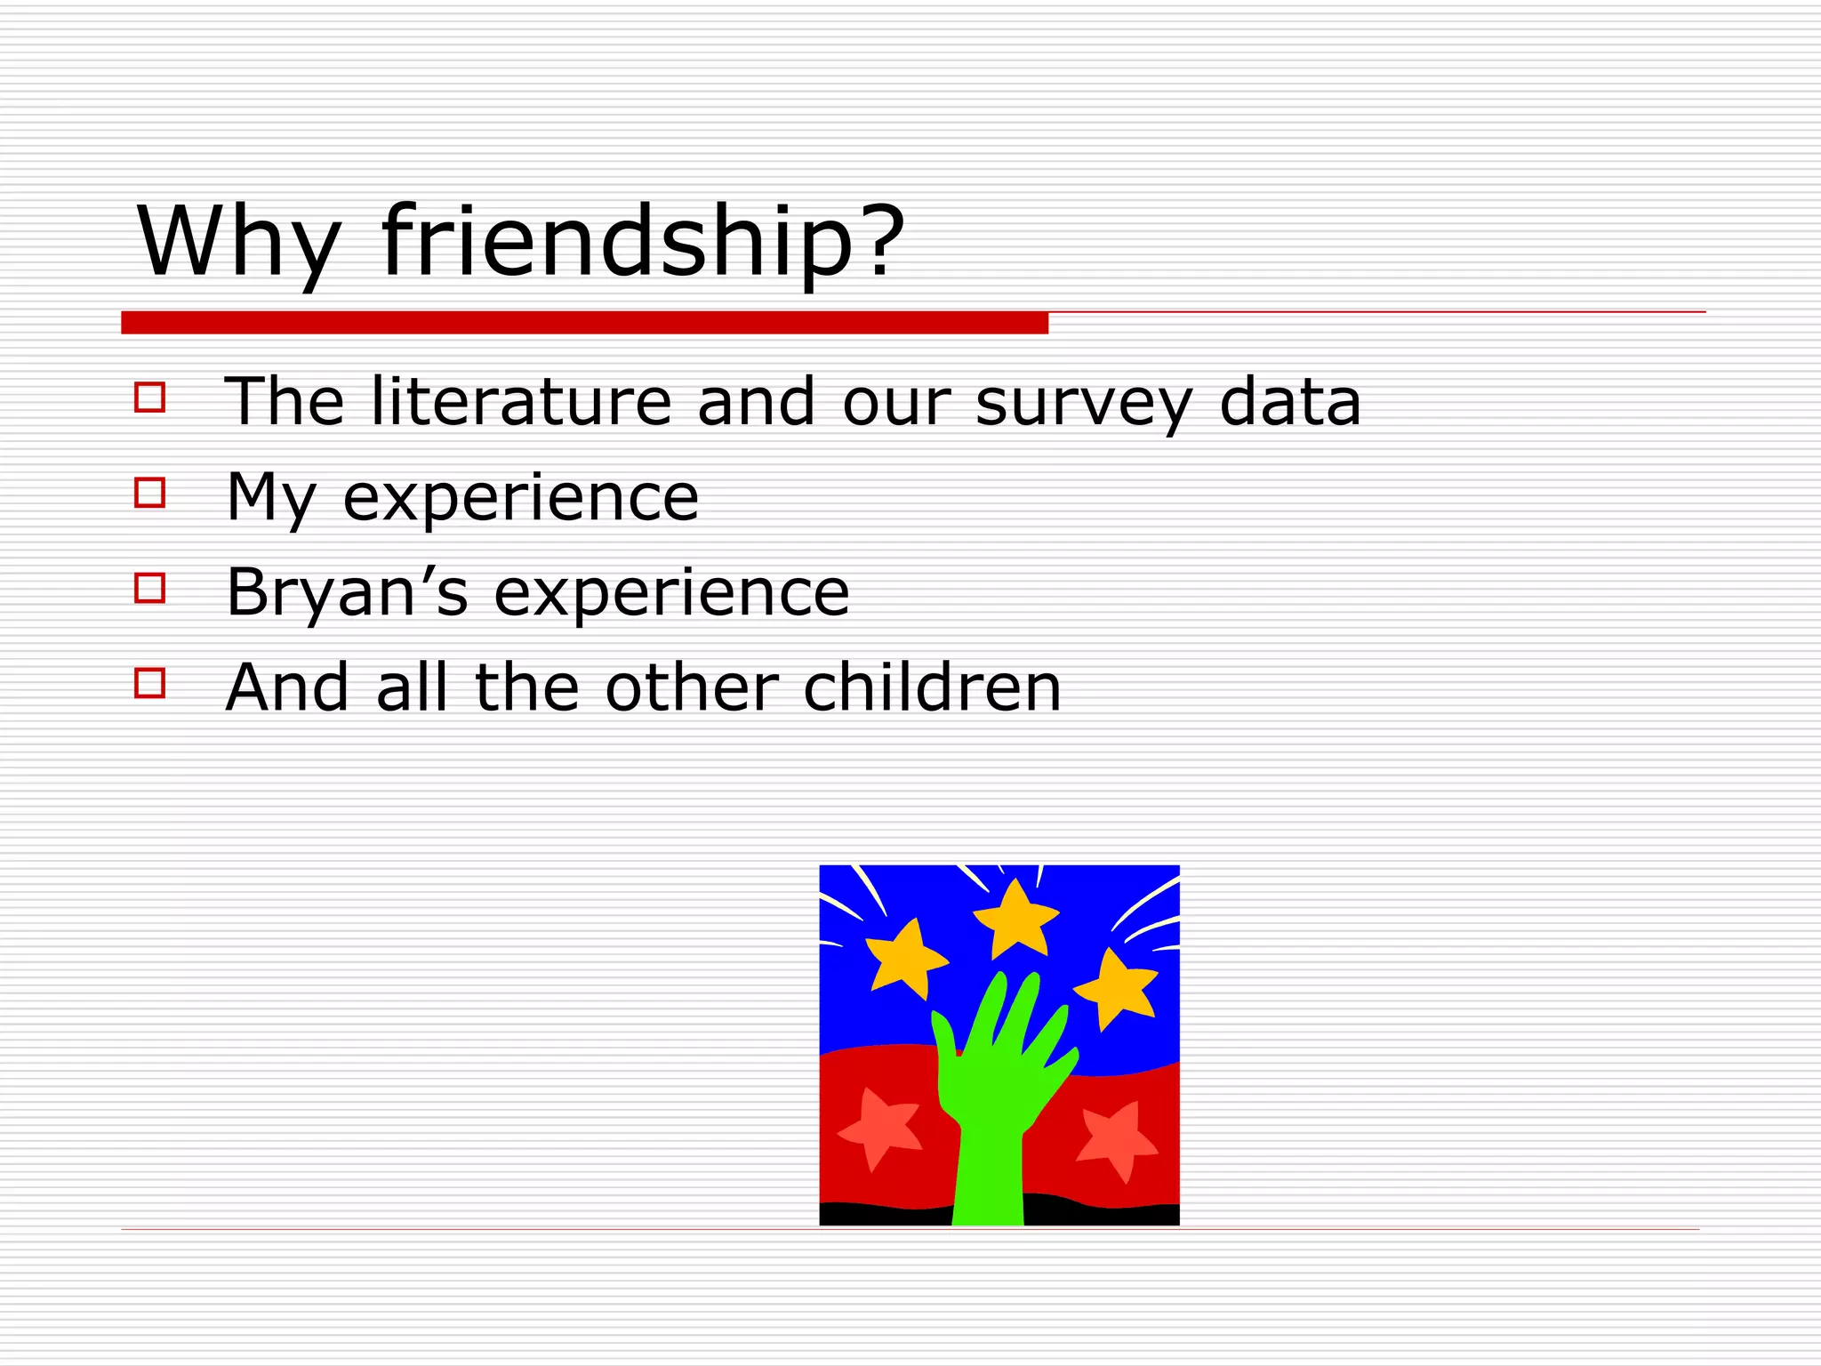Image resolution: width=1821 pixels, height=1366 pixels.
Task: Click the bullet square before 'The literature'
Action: point(149,397)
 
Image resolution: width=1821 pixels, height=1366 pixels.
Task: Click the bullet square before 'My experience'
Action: point(149,492)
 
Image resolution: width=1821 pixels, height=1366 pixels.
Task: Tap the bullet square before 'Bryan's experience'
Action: point(149,588)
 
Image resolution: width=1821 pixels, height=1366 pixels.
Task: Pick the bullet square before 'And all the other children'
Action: point(149,683)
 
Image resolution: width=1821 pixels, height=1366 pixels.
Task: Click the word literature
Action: point(521,401)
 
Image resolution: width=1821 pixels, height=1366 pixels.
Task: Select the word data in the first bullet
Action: point(1290,401)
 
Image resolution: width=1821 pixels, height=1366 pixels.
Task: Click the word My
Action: point(271,498)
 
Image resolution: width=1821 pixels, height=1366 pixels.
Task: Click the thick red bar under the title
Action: point(584,323)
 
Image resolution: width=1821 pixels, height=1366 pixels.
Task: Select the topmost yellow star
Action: point(1016,920)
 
